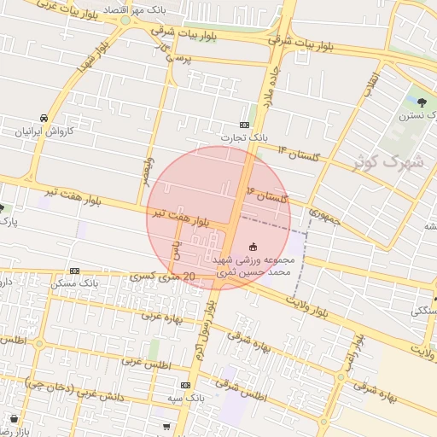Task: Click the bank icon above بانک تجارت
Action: [245, 125]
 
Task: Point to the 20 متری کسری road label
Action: [166, 277]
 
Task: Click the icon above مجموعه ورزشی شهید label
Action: [252, 248]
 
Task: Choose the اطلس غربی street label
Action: [147, 363]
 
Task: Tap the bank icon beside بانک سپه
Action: [185, 386]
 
